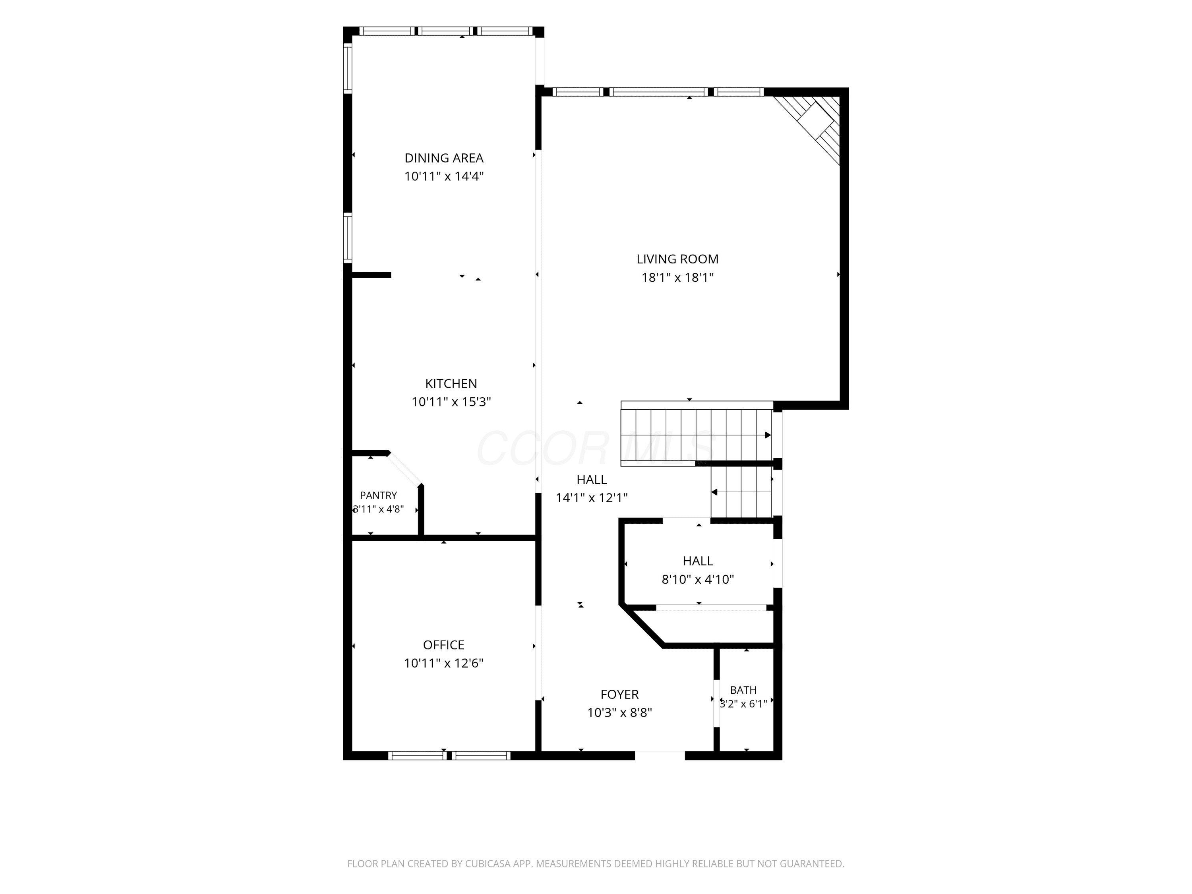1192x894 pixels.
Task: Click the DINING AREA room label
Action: pos(444,158)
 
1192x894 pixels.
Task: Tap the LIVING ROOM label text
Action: pos(677,259)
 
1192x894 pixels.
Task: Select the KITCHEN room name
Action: pos(451,384)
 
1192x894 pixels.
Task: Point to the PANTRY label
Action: pos(378,495)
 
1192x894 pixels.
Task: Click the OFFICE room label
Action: pos(443,645)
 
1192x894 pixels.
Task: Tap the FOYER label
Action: pos(620,695)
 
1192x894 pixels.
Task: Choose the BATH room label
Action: pos(743,690)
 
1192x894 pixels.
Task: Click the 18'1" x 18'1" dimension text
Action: pos(677,277)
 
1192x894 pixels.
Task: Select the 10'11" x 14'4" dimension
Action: pos(444,176)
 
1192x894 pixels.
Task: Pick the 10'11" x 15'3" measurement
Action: pos(451,402)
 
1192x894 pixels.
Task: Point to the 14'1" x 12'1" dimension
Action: pos(592,498)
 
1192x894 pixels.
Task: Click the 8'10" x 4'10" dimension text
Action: pos(698,579)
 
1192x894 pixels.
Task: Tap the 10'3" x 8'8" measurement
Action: pos(620,713)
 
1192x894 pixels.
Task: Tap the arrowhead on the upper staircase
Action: pos(768,435)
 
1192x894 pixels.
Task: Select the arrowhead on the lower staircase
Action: pos(714,492)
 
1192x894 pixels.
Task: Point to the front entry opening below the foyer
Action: pos(660,755)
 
